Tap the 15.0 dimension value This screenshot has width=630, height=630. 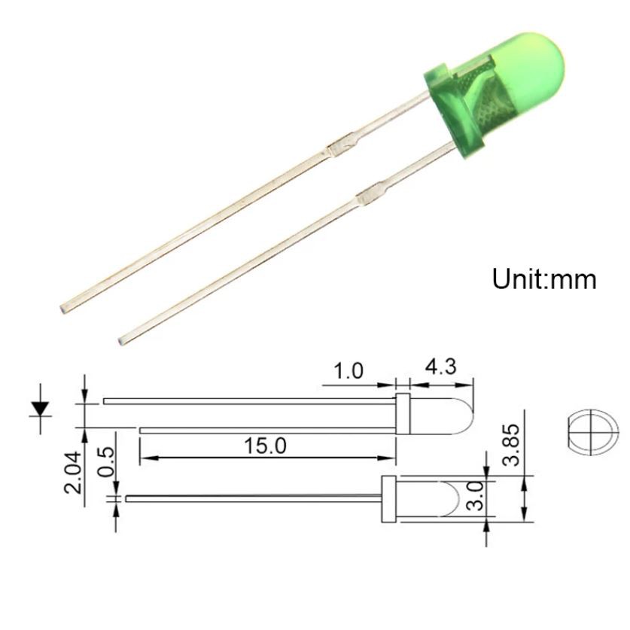[x=265, y=446]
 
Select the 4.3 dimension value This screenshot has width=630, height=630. [x=441, y=367]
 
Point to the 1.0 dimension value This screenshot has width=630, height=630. [x=348, y=371]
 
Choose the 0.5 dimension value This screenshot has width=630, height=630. [x=105, y=461]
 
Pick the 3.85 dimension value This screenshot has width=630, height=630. [x=512, y=444]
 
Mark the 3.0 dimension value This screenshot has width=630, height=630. [x=476, y=496]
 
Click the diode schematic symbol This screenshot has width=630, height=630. [x=40, y=409]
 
